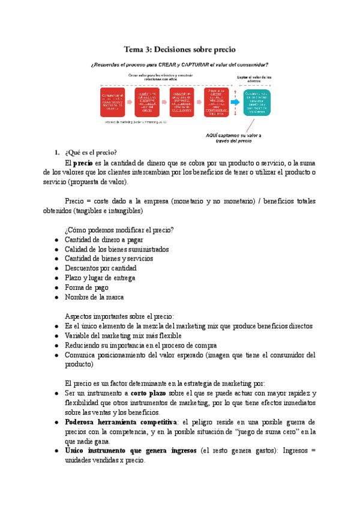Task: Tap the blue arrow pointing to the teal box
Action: (x=235, y=103)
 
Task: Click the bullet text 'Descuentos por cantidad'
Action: (x=101, y=268)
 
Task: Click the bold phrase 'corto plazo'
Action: (x=151, y=393)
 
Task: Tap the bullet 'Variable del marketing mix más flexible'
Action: (x=124, y=336)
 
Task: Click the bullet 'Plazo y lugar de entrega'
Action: (x=100, y=278)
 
